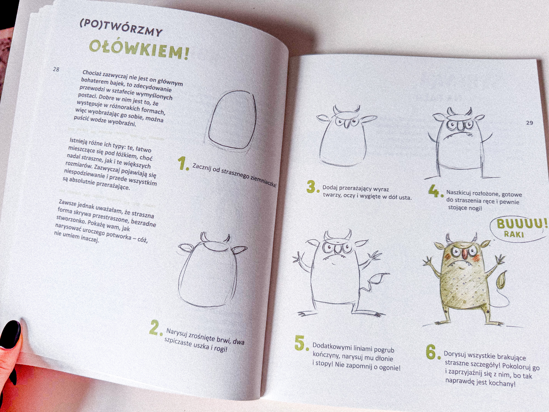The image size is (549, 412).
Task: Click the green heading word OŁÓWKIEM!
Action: pyautogui.click(x=139, y=49)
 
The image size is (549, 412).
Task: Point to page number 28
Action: pyautogui.click(x=56, y=69)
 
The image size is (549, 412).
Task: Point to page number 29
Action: pyautogui.click(x=530, y=123)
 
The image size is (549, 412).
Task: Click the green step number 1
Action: pyautogui.click(x=183, y=164)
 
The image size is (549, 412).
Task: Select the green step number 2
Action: pyautogui.click(x=156, y=328)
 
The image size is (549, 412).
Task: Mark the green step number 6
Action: pyautogui.click(x=433, y=352)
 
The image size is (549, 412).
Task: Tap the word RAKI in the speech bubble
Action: pyautogui.click(x=514, y=234)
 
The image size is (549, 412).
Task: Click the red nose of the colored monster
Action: pyautogui.click(x=465, y=255)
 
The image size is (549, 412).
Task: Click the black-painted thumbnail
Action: pyautogui.click(x=10, y=334)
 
